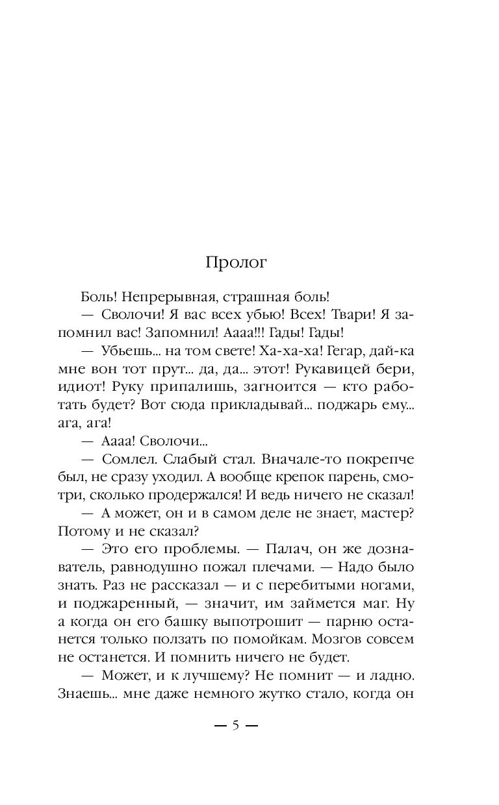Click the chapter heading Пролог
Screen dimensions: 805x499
[x=237, y=263]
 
